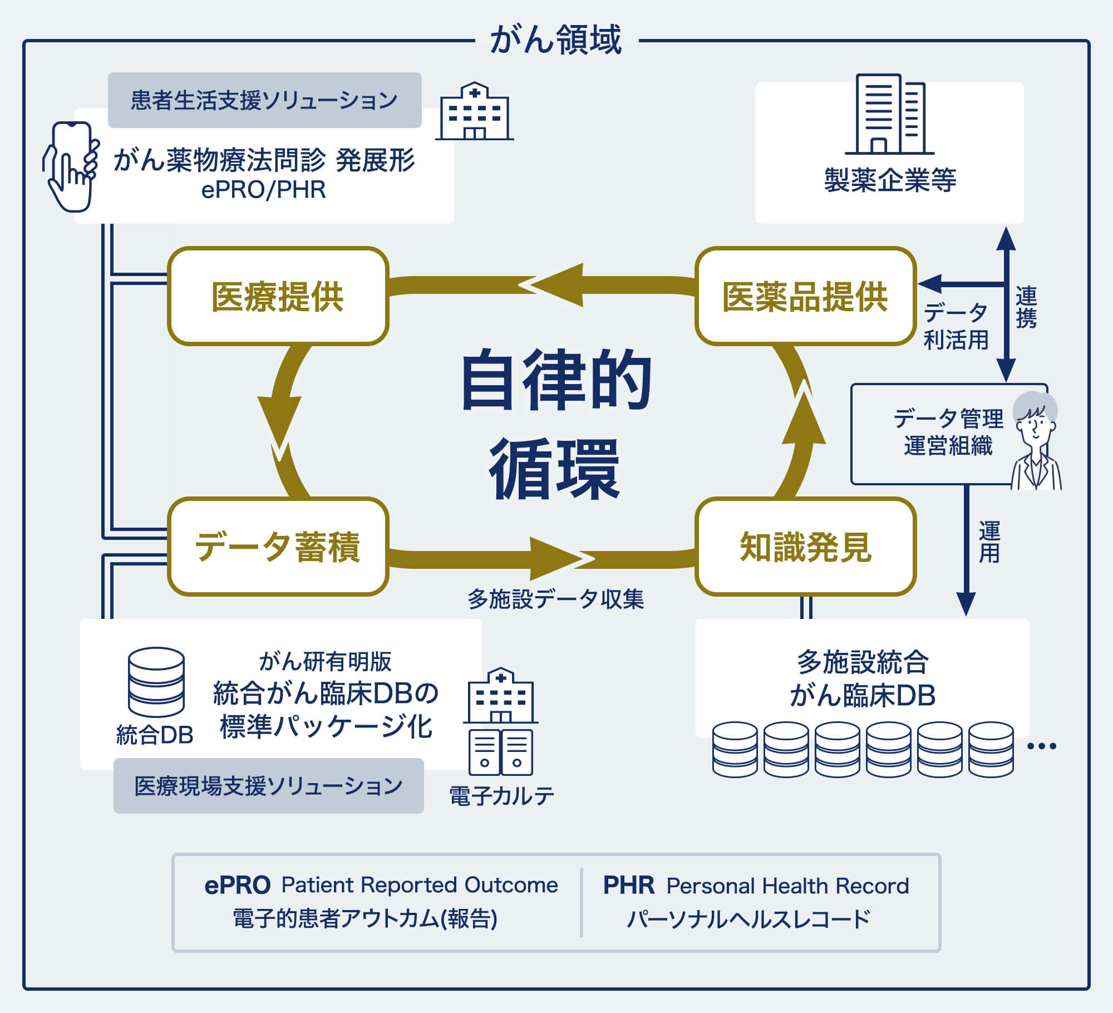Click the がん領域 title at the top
555,40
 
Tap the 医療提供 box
278,296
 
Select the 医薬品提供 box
805,296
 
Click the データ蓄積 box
278,547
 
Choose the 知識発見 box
805,547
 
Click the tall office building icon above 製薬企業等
889,114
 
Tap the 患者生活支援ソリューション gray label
264,100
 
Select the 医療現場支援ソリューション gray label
268,786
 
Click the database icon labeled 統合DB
156,682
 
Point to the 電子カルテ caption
501,796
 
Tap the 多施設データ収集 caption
555,599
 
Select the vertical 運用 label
989,542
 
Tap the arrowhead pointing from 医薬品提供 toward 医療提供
551,285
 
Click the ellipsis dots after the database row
1041,746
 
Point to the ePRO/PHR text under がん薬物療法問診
263,190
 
